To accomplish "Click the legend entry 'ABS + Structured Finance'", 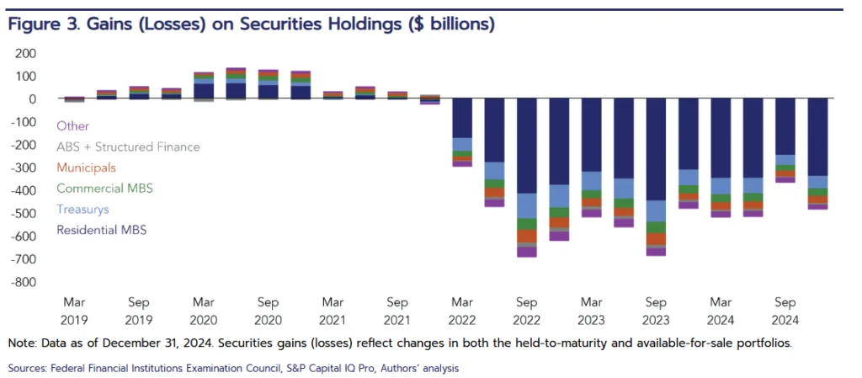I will click(128, 146).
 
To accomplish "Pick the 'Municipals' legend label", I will click(87, 168).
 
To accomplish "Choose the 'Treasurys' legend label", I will click(82, 209).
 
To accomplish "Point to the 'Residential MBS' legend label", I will click(101, 229).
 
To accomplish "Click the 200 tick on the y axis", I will click(26, 53).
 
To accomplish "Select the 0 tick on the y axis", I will click(32, 98).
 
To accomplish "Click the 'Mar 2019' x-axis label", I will click(74, 309).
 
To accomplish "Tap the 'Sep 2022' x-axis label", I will click(527, 309).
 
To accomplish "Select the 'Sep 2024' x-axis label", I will click(785, 309).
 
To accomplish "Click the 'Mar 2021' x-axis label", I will click(333, 309).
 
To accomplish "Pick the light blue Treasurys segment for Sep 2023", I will click(657, 210).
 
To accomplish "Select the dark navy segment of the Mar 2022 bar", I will click(462, 118).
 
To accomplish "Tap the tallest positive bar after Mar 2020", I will click(236, 83).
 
